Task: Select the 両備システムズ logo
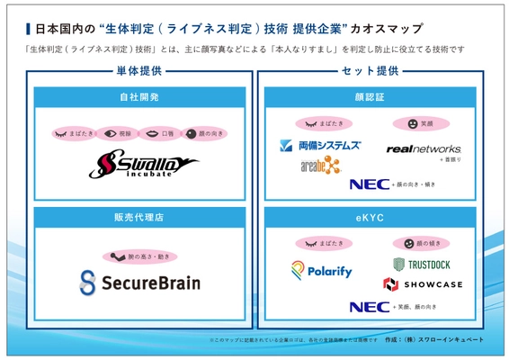click(319, 146)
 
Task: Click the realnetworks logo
click(423, 148)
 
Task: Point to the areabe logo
click(320, 165)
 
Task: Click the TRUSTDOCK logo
click(422, 265)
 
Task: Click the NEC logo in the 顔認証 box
click(369, 184)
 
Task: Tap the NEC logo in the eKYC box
click(369, 307)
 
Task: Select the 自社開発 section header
click(139, 94)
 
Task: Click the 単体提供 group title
click(139, 70)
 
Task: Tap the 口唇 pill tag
click(156, 133)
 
